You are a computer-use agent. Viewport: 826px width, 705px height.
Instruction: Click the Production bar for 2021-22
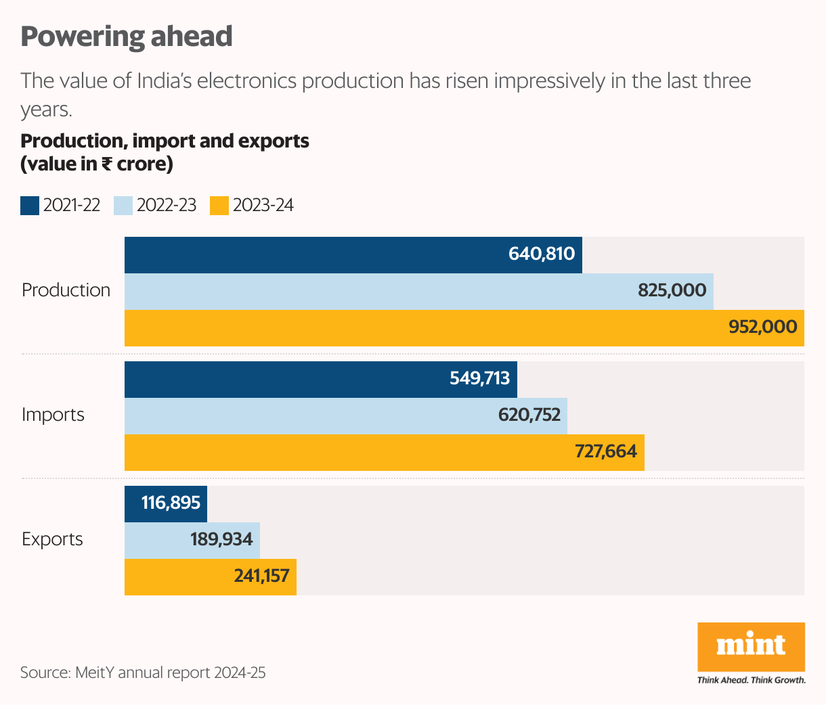tap(352, 255)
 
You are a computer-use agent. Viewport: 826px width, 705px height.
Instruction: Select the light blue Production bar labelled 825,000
tap(418, 292)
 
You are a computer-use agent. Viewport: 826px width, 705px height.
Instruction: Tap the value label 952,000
tap(762, 327)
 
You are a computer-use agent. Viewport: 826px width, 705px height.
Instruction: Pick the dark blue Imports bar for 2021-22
tap(320, 380)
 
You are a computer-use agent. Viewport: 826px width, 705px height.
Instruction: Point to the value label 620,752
tap(529, 415)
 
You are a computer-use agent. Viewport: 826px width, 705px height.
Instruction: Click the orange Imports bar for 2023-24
tap(384, 453)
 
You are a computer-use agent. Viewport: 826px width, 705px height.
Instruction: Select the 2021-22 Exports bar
tap(166, 503)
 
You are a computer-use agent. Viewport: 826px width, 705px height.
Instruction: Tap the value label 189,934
tap(221, 539)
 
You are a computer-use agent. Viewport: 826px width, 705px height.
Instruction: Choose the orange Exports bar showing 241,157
tap(210, 577)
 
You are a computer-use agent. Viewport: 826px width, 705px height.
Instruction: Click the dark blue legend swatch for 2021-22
tap(30, 206)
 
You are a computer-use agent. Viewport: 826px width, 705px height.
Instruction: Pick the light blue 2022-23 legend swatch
tap(123, 206)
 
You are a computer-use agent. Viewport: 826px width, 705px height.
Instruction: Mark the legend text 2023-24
tap(263, 206)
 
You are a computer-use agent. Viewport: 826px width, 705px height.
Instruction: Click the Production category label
tap(66, 290)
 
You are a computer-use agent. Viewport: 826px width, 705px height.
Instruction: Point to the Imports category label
tap(53, 415)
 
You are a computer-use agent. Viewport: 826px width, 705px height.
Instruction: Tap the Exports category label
tap(52, 539)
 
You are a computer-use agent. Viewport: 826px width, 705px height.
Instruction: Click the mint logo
tap(751, 646)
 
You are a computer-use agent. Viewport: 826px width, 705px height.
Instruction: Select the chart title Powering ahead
tap(127, 37)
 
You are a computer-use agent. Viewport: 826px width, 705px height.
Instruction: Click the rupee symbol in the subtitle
tap(107, 164)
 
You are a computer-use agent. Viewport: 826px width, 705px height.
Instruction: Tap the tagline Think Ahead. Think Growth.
tap(752, 680)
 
